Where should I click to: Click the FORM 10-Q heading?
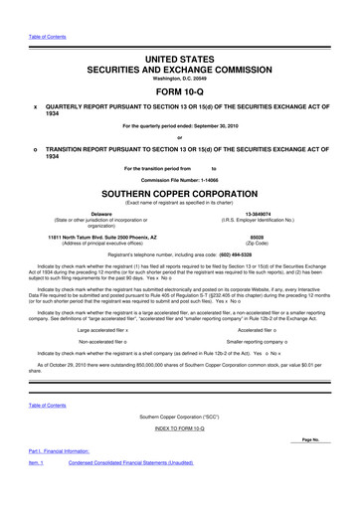coord(180,84)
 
